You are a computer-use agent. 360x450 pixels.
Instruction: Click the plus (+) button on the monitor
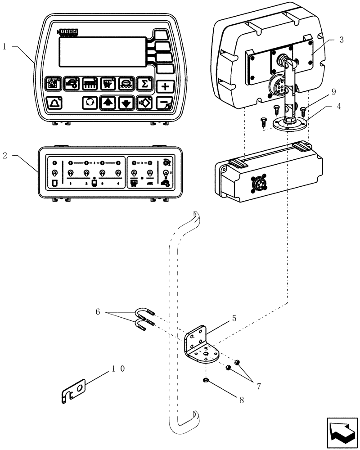[x=166, y=86]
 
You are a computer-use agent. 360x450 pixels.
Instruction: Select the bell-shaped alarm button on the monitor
[x=54, y=103]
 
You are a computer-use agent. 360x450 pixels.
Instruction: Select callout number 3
[x=342, y=40]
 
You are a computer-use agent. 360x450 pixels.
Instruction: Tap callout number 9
[x=333, y=91]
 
